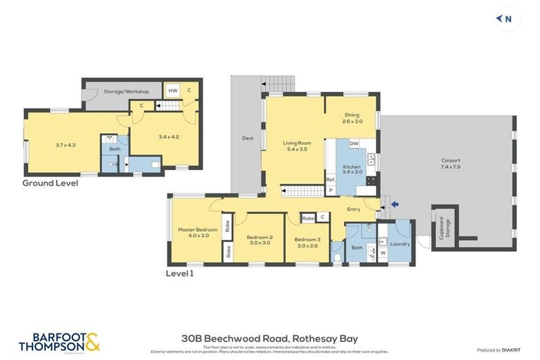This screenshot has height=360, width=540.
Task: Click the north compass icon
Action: [x=505, y=19]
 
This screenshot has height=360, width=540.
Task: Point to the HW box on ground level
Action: [x=173, y=91]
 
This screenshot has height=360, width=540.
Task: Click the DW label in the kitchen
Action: [x=354, y=143]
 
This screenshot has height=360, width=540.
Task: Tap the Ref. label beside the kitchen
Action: [x=330, y=180]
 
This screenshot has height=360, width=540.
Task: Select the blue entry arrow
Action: [x=394, y=205]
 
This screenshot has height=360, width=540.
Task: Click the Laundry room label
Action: [x=399, y=243]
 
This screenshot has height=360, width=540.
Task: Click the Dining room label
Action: [x=352, y=118]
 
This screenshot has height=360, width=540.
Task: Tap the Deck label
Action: [x=247, y=139]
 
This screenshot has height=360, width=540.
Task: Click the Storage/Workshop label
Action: [x=126, y=91]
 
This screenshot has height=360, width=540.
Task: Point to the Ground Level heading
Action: [x=50, y=184]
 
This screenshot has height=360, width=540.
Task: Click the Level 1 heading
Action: [x=179, y=274]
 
